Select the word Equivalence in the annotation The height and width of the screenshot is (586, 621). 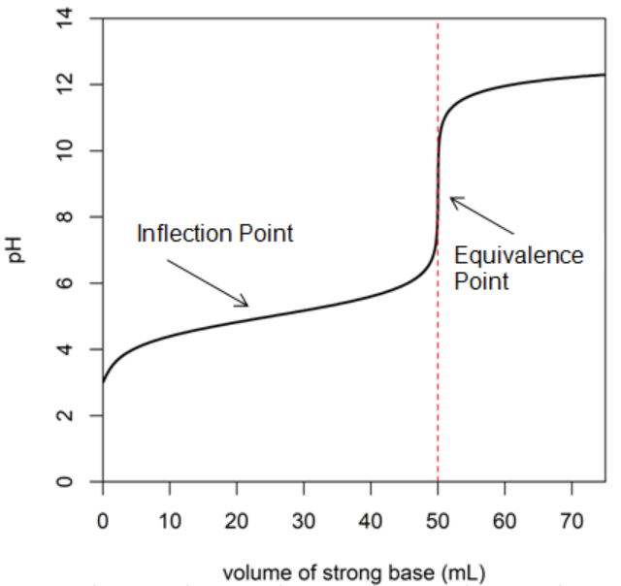click(x=519, y=255)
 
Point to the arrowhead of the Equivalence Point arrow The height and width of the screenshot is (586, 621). click(x=452, y=199)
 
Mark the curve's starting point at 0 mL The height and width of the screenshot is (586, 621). click(x=102, y=381)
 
